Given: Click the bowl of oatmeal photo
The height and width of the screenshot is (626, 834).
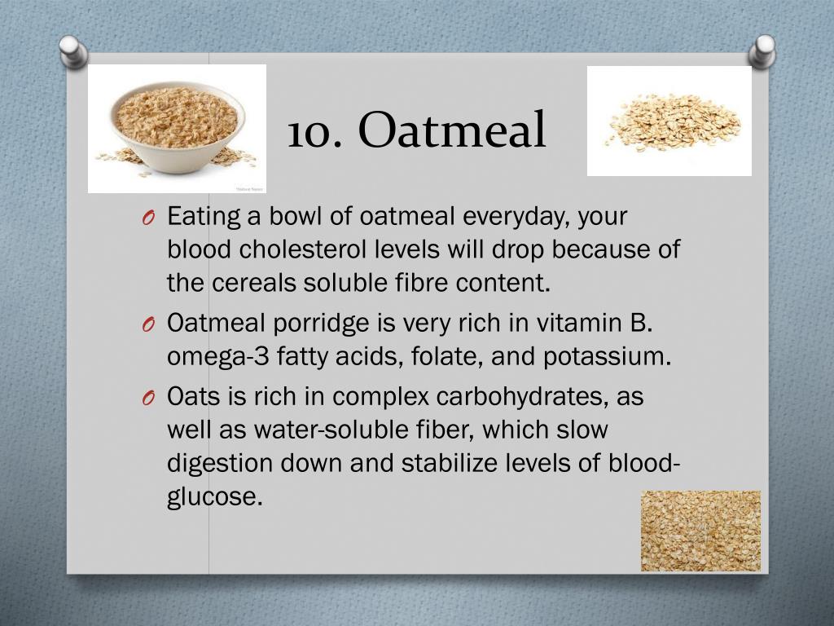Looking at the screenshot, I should pyautogui.click(x=177, y=127).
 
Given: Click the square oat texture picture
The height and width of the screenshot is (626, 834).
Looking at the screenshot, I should pyautogui.click(x=700, y=531).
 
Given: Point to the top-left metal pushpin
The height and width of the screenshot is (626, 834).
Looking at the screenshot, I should pyautogui.click(x=74, y=51).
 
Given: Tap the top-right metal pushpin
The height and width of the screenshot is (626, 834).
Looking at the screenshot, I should pyautogui.click(x=762, y=51).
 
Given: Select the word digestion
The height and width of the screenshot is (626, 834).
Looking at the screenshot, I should pyautogui.click(x=220, y=462).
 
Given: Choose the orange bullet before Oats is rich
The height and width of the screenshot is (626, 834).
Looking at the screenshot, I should pyautogui.click(x=147, y=398).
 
